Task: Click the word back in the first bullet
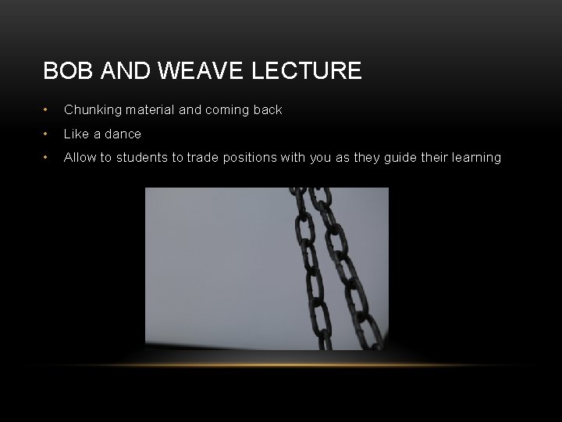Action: (267, 110)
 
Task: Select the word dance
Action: (122, 134)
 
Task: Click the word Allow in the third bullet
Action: (80, 157)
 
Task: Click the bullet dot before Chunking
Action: (48, 110)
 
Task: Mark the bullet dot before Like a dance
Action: (48, 134)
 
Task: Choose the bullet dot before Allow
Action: (48, 157)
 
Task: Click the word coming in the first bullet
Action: (226, 110)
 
